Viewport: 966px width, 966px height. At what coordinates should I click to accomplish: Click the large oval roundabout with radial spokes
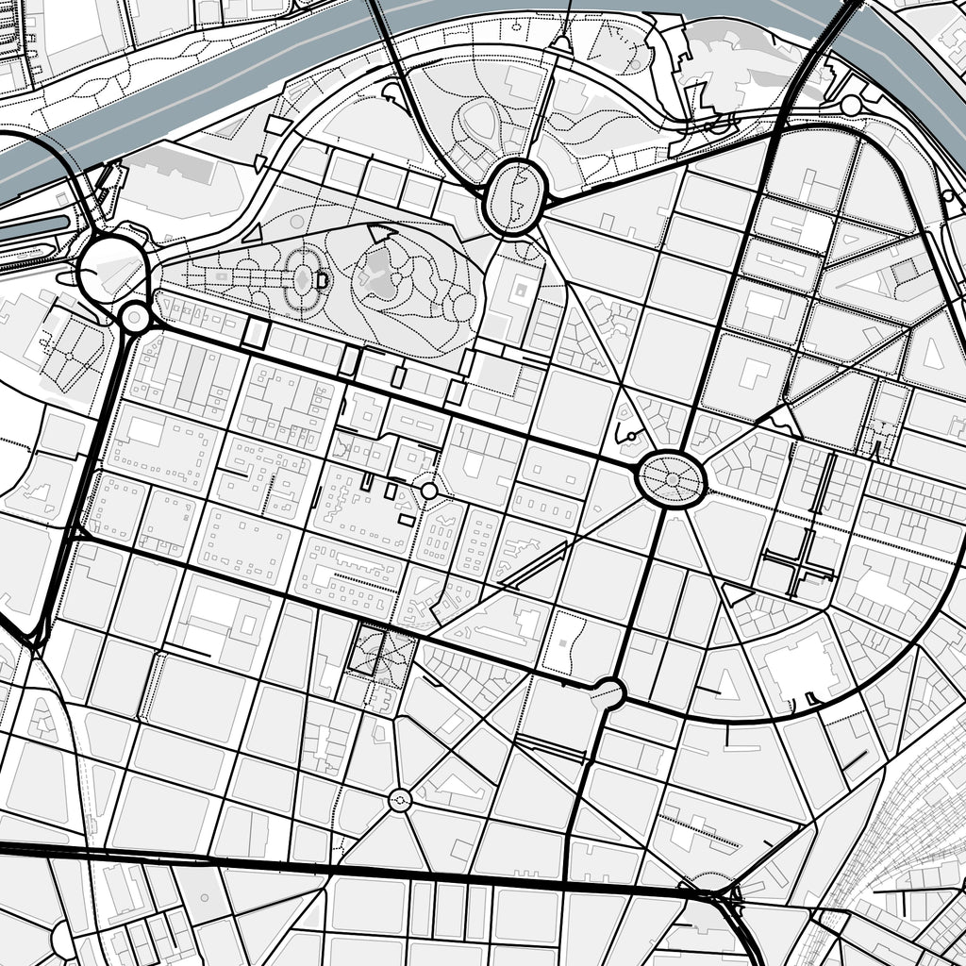pyautogui.click(x=671, y=479)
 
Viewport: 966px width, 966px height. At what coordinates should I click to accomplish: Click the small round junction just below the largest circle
pyautogui.click(x=135, y=318)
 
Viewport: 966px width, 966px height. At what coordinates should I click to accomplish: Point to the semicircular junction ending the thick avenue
pyautogui.click(x=608, y=693)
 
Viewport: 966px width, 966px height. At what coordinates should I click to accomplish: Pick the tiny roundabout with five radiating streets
pyautogui.click(x=400, y=801)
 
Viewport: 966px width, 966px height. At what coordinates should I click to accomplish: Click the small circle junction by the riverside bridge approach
pyautogui.click(x=851, y=105)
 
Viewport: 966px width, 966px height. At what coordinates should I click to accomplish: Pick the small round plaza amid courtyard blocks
pyautogui.click(x=428, y=491)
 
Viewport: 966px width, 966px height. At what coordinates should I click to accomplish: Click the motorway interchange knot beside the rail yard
pyautogui.click(x=722, y=896)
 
